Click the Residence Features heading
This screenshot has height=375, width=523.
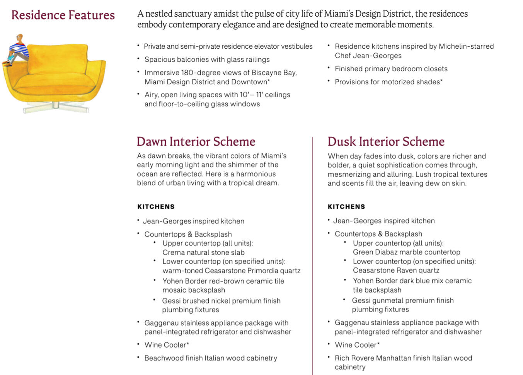(x=63, y=15)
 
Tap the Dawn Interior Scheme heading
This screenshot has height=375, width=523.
(x=196, y=141)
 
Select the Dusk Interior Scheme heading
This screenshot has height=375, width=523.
(x=386, y=141)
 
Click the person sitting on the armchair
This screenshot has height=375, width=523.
(x=17, y=49)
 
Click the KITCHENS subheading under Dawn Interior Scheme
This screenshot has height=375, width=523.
(x=156, y=206)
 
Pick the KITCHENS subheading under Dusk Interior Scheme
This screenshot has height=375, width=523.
(x=346, y=206)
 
